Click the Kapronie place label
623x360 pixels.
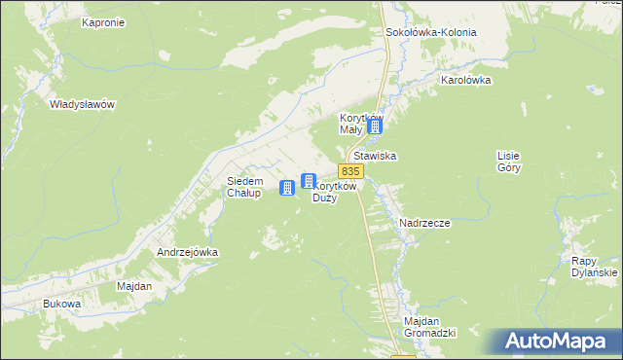pos(102,22)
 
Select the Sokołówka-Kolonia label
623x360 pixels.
pos(431,32)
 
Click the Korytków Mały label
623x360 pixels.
pos(350,123)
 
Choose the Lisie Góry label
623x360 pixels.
pos(509,162)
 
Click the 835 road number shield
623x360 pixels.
pos(351,170)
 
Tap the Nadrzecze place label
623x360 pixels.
pos(424,223)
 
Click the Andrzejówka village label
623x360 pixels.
pos(188,252)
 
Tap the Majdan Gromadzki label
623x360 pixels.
pos(430,327)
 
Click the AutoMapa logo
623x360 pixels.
pos(555,342)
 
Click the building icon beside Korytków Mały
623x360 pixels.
pos(375,126)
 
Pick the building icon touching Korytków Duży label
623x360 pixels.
pos(309,181)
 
